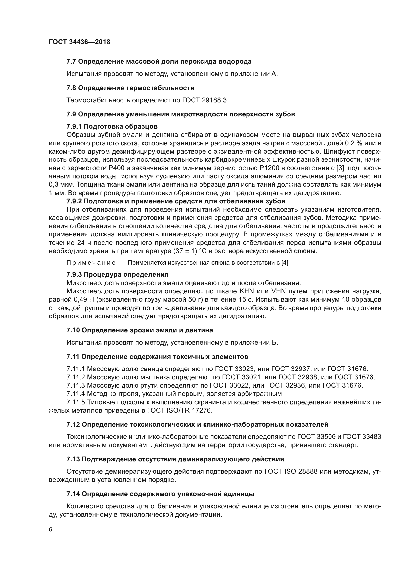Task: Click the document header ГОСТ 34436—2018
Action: click(x=80, y=42)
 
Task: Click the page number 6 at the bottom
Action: click(x=51, y=529)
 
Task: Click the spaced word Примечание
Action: click(x=91, y=263)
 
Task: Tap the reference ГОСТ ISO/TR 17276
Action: click(x=179, y=410)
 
